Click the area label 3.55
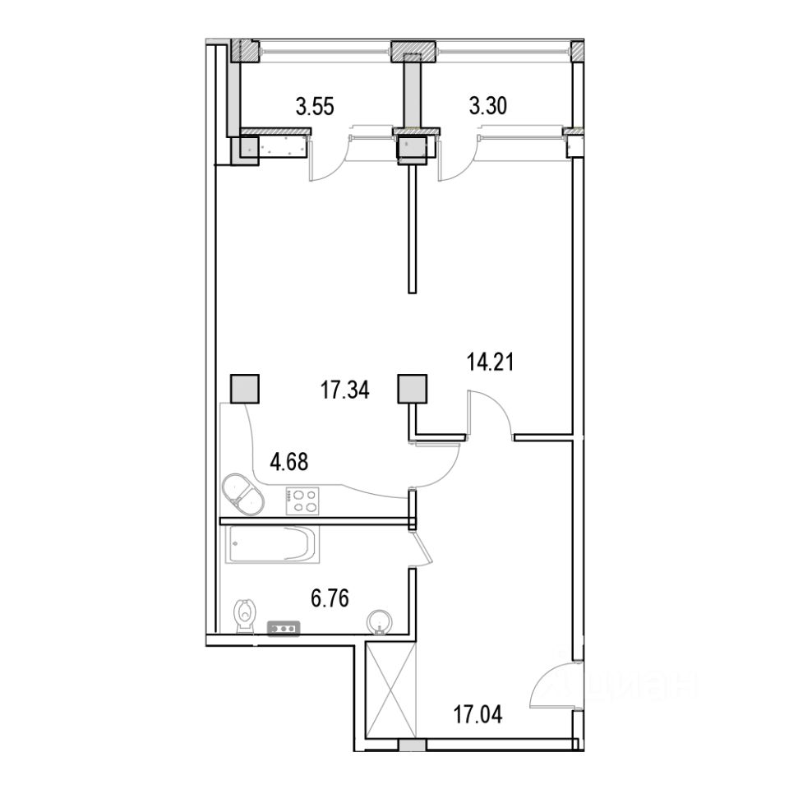click(315, 107)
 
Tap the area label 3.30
click(487, 107)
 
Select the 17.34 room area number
click(345, 390)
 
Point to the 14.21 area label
click(491, 362)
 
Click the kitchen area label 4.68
click(288, 461)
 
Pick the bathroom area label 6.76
click(330, 599)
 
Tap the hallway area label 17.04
click(478, 714)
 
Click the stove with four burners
click(302, 501)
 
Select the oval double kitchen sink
click(242, 494)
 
